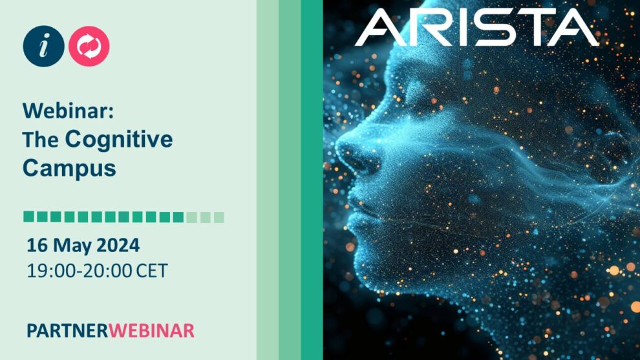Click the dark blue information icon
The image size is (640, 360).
pyautogui.click(x=44, y=46)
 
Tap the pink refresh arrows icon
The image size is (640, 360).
pyautogui.click(x=89, y=46)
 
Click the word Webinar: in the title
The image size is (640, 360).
pyautogui.click(x=68, y=111)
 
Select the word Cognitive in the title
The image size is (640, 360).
pyautogui.click(x=119, y=140)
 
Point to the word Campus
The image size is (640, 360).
pyautogui.click(x=69, y=168)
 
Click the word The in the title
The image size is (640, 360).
pyautogui.click(x=41, y=140)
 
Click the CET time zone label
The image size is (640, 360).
pyautogui.click(x=152, y=271)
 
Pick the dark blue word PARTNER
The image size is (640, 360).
pyautogui.click(x=67, y=331)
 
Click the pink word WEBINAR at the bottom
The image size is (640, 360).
pyautogui.click(x=151, y=331)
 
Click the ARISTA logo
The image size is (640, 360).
pyautogui.click(x=476, y=27)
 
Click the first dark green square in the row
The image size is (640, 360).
pyautogui.click(x=28, y=217)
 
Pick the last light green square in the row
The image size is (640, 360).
pyautogui.click(x=219, y=217)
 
